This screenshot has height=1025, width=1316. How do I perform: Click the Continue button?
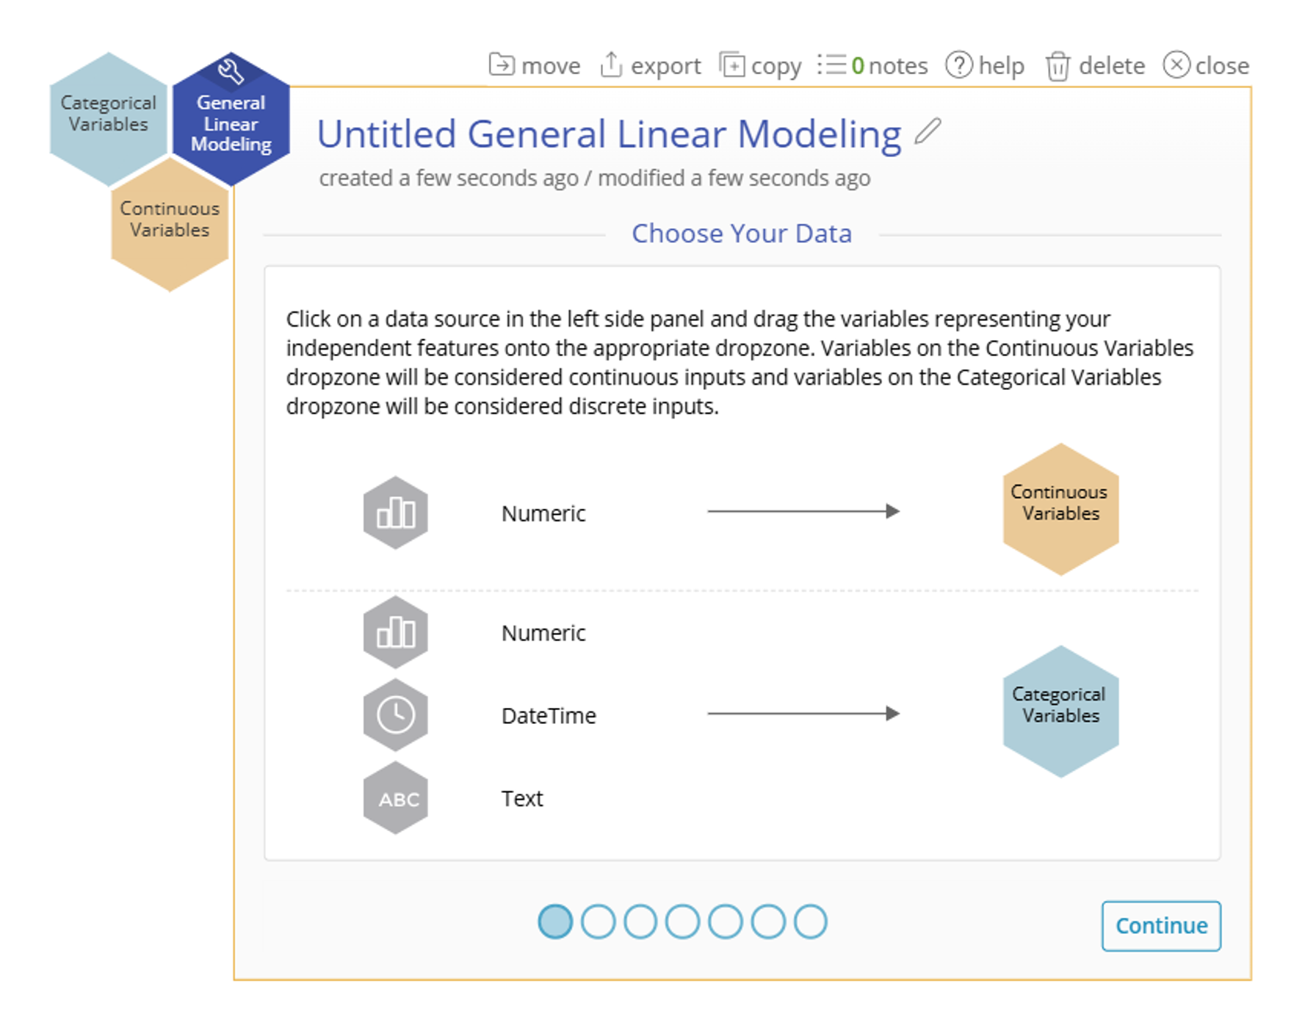pyautogui.click(x=1160, y=925)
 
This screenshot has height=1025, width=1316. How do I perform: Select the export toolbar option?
pyautogui.click(x=651, y=66)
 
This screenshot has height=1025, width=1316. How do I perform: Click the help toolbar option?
pyautogui.click(x=985, y=66)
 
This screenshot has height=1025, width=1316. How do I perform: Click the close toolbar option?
pyautogui.click(x=1206, y=66)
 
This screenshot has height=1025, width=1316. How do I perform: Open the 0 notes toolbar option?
pyautogui.click(x=873, y=66)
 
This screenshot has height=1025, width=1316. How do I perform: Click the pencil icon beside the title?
pyautogui.click(x=928, y=132)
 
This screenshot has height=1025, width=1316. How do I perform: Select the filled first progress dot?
pyautogui.click(x=555, y=921)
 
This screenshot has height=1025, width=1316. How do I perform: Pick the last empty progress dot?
pyautogui.click(x=811, y=921)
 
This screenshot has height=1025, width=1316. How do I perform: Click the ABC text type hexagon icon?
pyautogui.click(x=396, y=798)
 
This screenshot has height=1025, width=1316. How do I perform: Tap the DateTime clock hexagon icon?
pyautogui.click(x=396, y=714)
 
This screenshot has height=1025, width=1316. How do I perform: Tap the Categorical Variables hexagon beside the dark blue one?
pyautogui.click(x=108, y=117)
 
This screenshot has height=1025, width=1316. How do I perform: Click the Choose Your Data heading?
pyautogui.click(x=742, y=233)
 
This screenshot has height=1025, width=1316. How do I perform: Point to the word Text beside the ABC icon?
pyautogui.click(x=522, y=798)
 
